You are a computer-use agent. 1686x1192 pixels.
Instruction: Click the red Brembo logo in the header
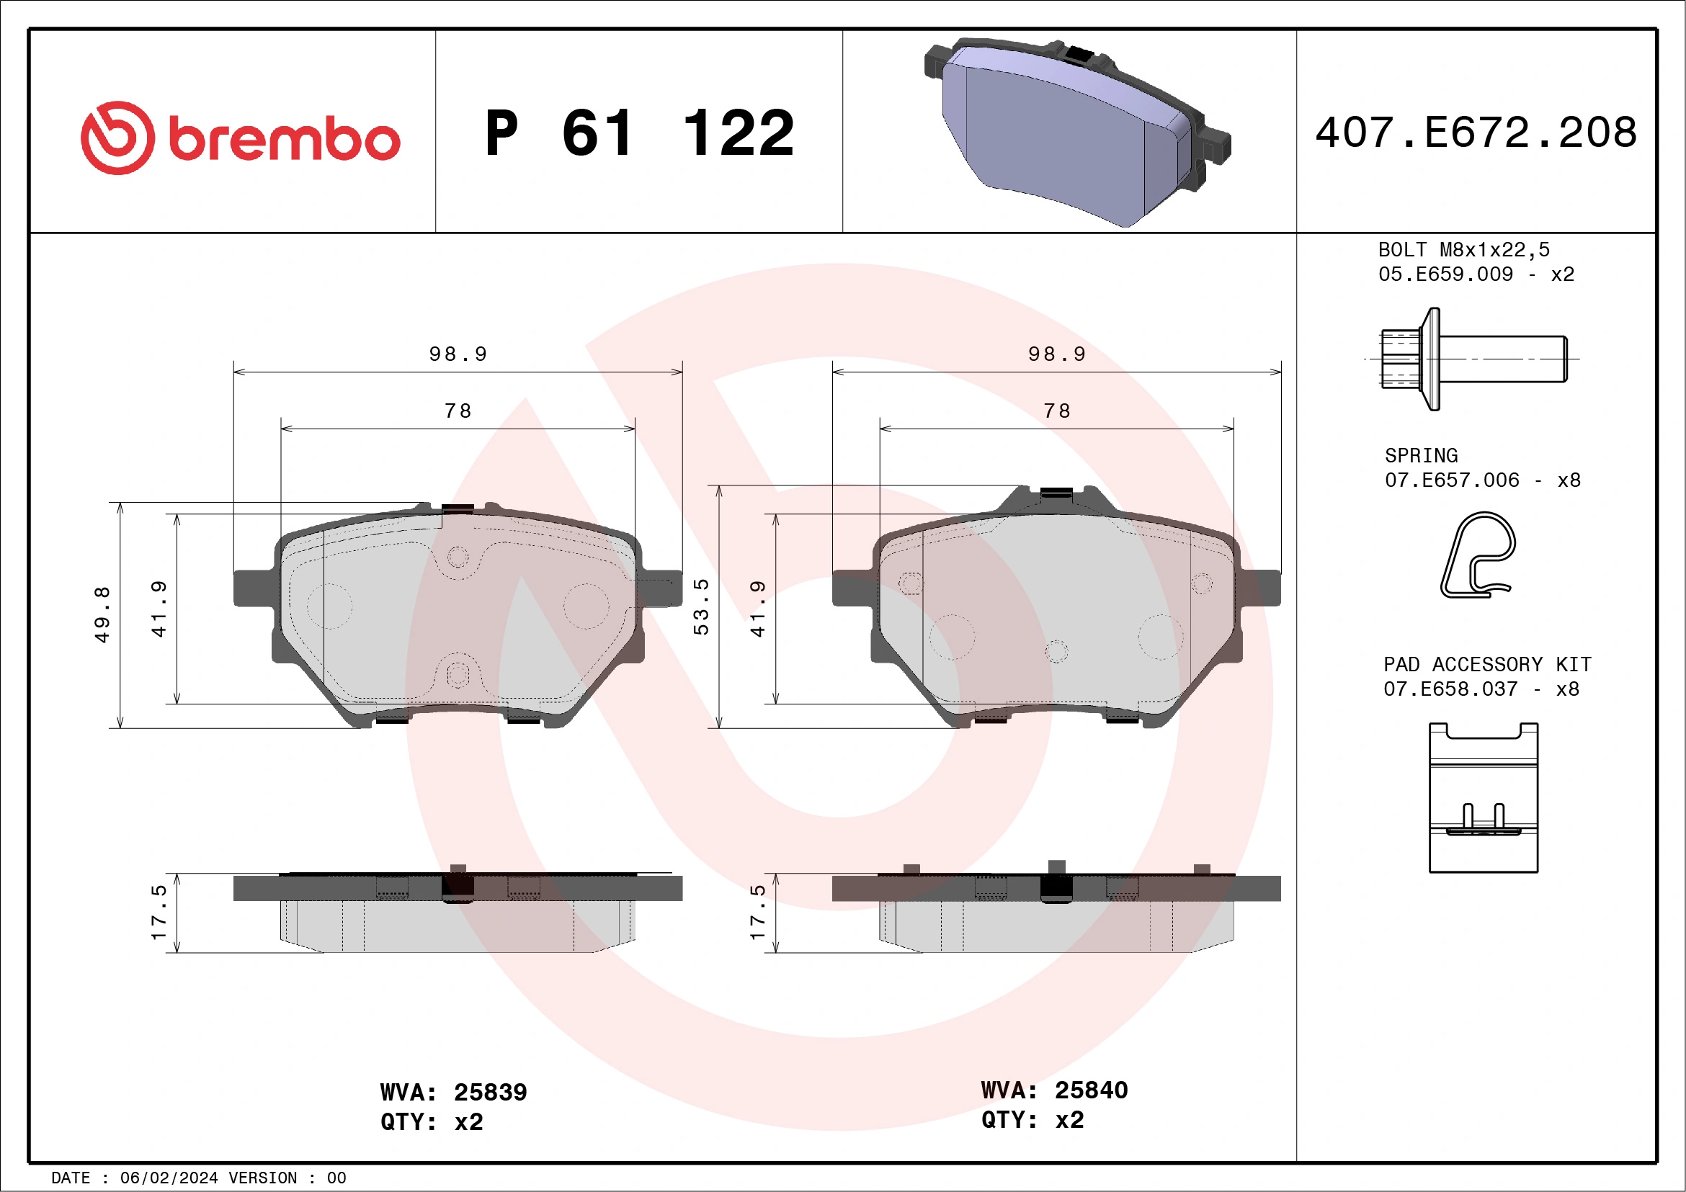239,138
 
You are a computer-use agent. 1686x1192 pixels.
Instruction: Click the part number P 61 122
639,133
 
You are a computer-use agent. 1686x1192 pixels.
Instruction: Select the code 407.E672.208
1476,133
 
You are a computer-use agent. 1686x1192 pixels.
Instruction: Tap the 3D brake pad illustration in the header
1077,132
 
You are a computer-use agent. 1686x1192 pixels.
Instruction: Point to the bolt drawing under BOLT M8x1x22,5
1472,359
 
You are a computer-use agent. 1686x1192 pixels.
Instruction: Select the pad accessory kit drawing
1484,798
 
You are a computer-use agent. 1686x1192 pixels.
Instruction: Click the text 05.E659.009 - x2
1476,274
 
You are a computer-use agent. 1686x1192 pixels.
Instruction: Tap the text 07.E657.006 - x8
1482,481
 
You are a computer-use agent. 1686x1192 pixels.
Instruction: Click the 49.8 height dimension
102,614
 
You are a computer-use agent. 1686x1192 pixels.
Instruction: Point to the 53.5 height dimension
701,606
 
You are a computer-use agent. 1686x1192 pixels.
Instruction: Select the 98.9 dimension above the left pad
458,354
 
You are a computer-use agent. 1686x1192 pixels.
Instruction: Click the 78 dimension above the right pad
1057,411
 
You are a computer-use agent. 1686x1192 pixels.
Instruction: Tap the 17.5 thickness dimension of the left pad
159,913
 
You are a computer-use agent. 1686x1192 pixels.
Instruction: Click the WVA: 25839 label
453,1092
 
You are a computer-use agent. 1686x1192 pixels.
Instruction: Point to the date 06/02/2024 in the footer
169,1178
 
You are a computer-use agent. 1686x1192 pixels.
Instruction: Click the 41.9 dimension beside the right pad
757,609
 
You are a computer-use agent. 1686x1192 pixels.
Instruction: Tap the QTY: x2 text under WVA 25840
1032,1120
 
